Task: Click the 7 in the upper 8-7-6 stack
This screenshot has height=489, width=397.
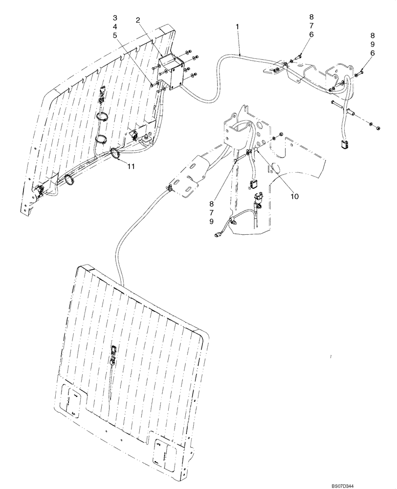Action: [x=311, y=25]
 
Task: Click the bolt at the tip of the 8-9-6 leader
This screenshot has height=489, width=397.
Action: [x=360, y=72]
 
